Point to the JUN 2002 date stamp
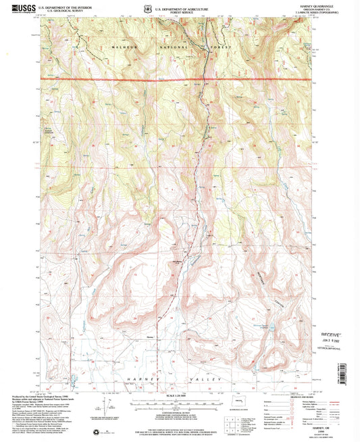pyautogui.click(x=331, y=340)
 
